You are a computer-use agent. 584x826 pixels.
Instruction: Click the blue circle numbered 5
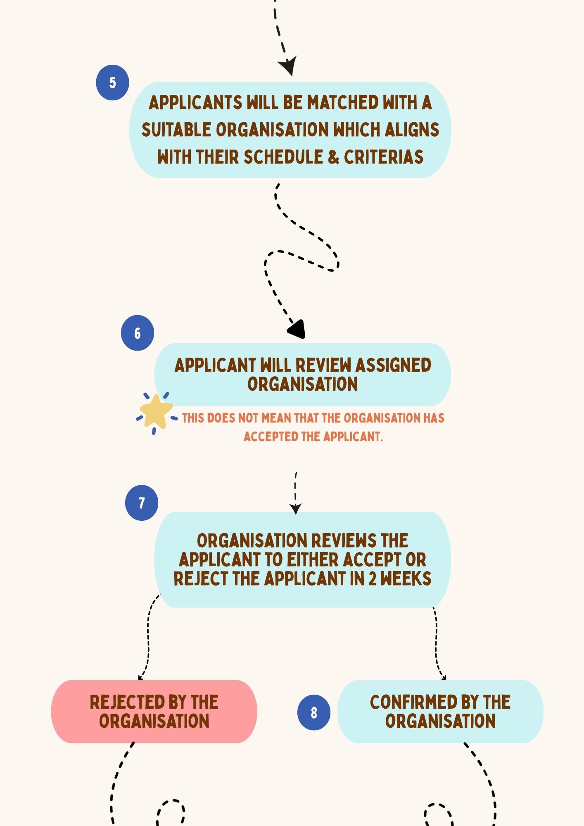click(x=112, y=83)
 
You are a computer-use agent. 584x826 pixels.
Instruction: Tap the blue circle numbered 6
click(x=137, y=333)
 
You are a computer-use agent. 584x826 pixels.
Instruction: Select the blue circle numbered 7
click(x=142, y=503)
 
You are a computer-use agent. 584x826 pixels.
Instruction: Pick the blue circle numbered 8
click(x=314, y=712)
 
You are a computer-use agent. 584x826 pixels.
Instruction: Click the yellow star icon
click(x=156, y=412)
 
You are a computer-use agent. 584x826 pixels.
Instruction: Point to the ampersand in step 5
click(x=333, y=157)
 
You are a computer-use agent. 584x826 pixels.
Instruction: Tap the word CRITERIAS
click(x=384, y=157)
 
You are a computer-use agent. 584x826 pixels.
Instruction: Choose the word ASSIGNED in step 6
click(x=393, y=365)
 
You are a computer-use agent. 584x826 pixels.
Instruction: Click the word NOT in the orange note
click(x=248, y=418)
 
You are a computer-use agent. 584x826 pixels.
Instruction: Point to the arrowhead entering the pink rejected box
click(x=141, y=677)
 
